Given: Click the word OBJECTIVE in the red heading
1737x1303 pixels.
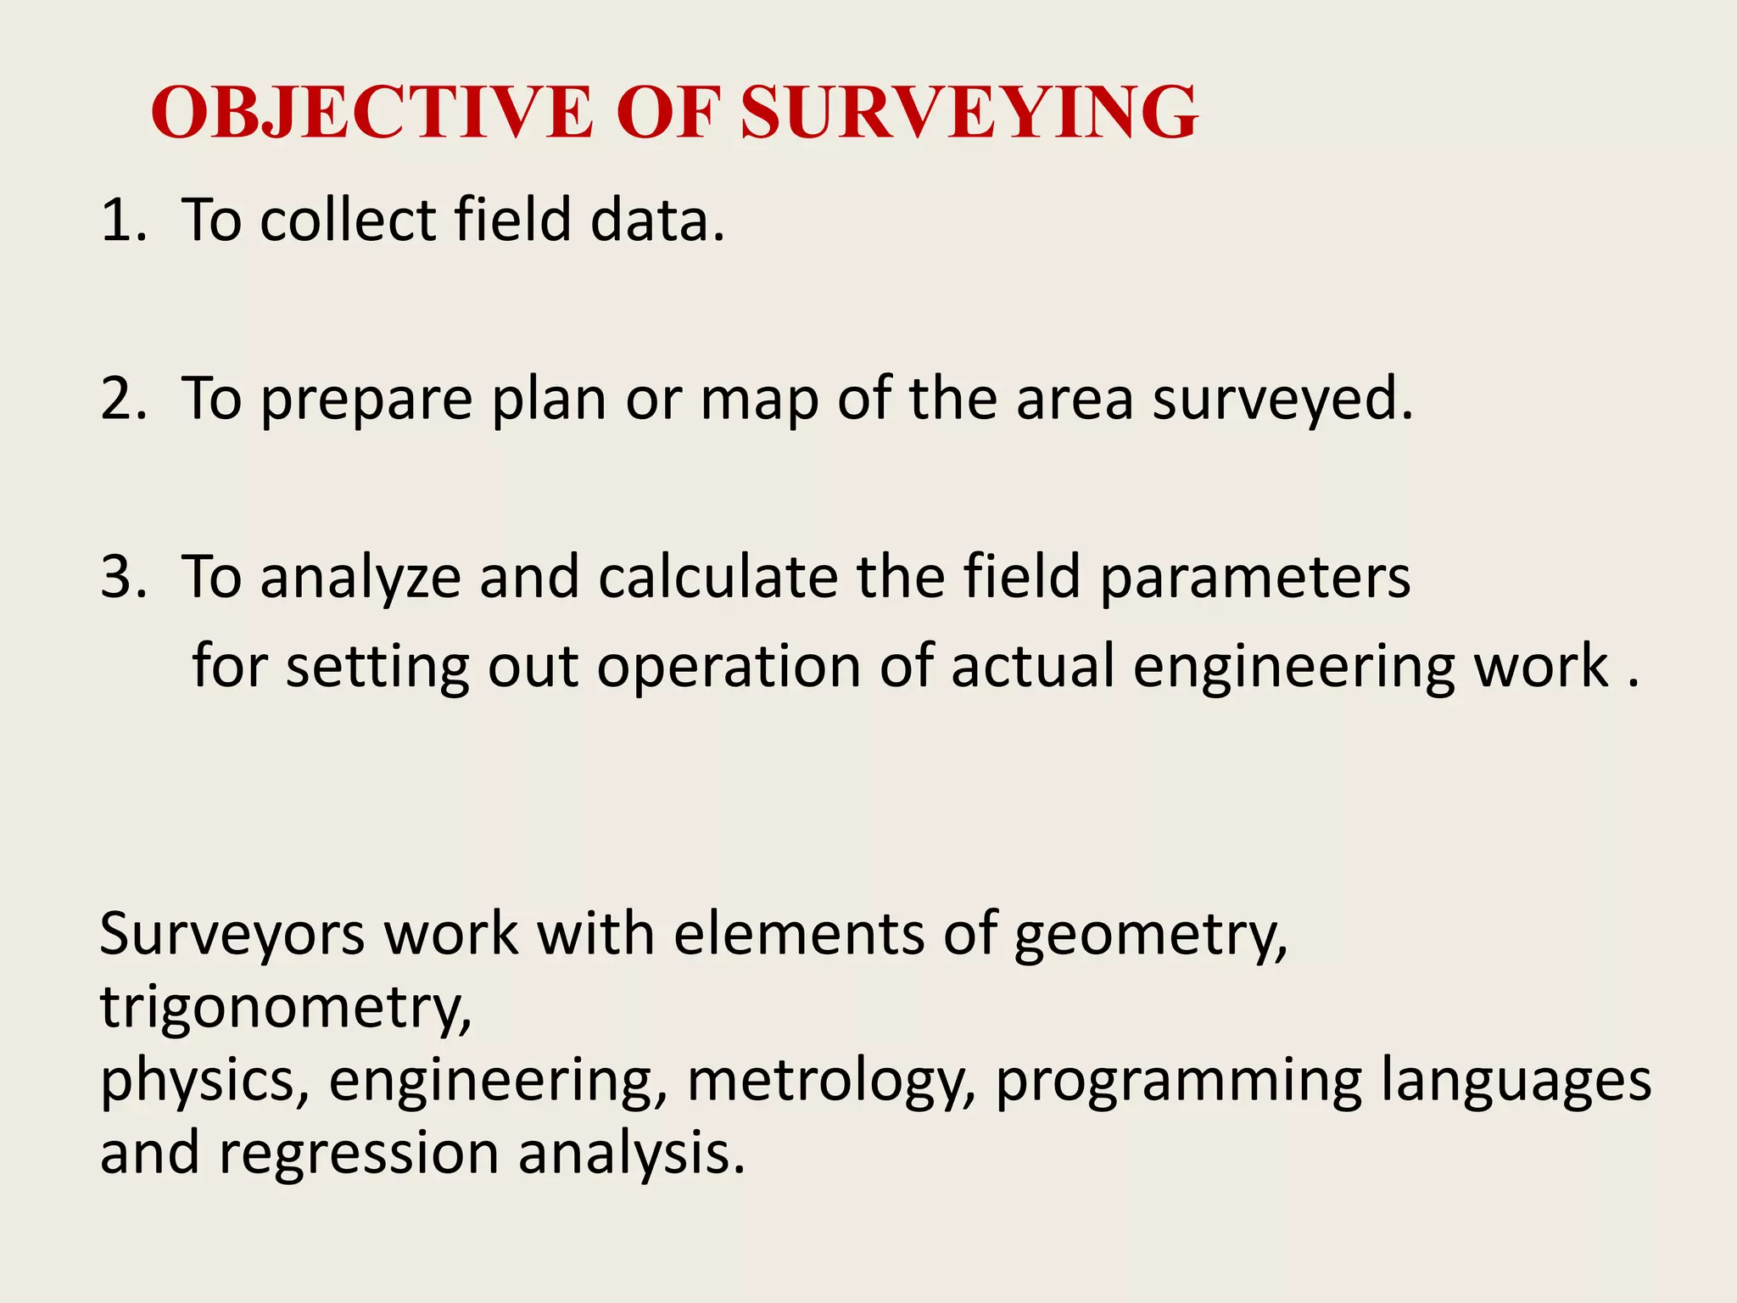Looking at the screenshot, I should (371, 112).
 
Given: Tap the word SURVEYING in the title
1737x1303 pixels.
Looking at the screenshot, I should (969, 112).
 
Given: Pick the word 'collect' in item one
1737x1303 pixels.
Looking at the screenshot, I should (348, 220).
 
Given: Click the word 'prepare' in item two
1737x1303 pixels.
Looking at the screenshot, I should (366, 400).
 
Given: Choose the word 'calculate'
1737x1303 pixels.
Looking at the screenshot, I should (718, 577).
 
